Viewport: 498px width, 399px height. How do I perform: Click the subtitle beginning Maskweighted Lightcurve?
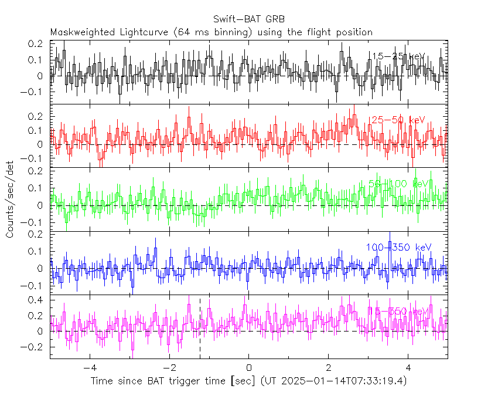click(211, 32)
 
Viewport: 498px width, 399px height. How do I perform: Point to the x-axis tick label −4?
click(89, 368)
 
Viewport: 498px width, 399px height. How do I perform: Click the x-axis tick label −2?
click(169, 368)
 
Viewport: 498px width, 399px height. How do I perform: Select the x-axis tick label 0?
click(248, 368)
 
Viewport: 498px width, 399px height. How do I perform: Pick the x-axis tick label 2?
click(328, 368)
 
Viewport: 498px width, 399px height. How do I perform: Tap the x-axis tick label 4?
click(408, 368)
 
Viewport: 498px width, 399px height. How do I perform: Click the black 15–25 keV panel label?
click(398, 56)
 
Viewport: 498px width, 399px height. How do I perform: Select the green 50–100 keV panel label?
click(398, 184)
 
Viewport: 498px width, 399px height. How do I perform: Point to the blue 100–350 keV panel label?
click(398, 247)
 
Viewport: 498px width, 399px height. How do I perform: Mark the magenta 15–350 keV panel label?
click(398, 310)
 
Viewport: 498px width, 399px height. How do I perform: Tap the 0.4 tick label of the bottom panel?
click(36, 300)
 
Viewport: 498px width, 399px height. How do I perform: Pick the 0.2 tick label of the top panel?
click(36, 44)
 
